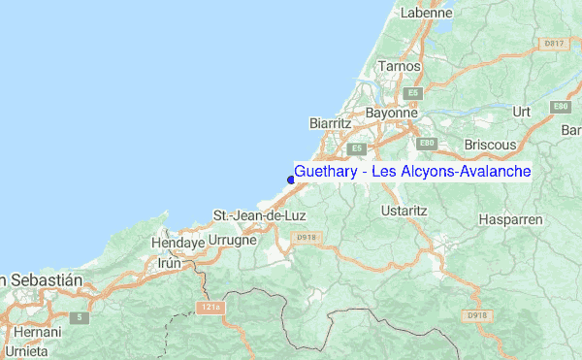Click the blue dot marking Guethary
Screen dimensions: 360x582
point(291,178)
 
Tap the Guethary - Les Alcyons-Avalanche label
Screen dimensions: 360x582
point(412,172)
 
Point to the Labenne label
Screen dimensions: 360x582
point(429,13)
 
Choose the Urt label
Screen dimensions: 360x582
point(522,112)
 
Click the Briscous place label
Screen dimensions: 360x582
point(491,144)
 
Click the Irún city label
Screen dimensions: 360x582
point(170,263)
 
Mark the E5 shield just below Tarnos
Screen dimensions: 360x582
point(414,92)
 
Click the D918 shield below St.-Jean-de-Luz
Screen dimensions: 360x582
point(307,237)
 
